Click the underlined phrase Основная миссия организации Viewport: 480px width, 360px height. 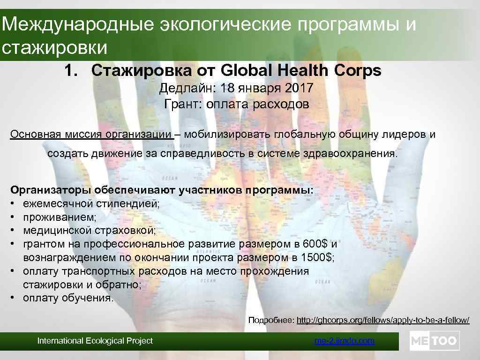(x=91, y=135)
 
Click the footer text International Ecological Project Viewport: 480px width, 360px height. (x=95, y=341)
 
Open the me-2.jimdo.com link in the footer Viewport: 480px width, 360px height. (x=344, y=341)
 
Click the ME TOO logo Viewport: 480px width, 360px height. (x=435, y=341)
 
